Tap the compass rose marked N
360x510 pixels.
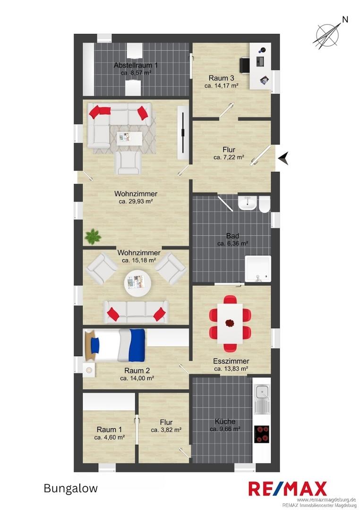point(327,35)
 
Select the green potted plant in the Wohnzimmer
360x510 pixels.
point(93,237)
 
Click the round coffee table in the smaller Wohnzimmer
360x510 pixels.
point(137,283)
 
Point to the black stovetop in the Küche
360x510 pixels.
point(262,434)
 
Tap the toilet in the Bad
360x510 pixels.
point(265,204)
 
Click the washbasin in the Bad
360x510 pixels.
point(247,203)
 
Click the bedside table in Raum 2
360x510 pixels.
point(89,369)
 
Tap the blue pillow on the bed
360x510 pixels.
point(94,345)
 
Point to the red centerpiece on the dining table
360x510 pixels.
point(230,323)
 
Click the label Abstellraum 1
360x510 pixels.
point(136,65)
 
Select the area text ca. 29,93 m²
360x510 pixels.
point(136,202)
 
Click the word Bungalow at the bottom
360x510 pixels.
point(71,488)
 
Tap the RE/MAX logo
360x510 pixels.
point(288,489)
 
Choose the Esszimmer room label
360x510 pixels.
point(231,361)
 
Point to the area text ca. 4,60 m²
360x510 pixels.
point(109,437)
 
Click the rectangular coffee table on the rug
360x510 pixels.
point(129,138)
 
